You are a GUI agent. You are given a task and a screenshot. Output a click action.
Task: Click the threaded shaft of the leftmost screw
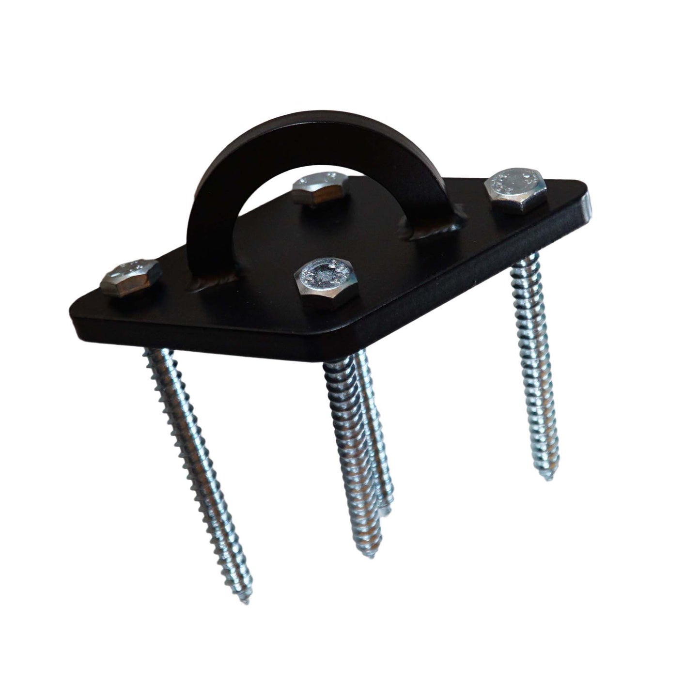(x=199, y=460)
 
